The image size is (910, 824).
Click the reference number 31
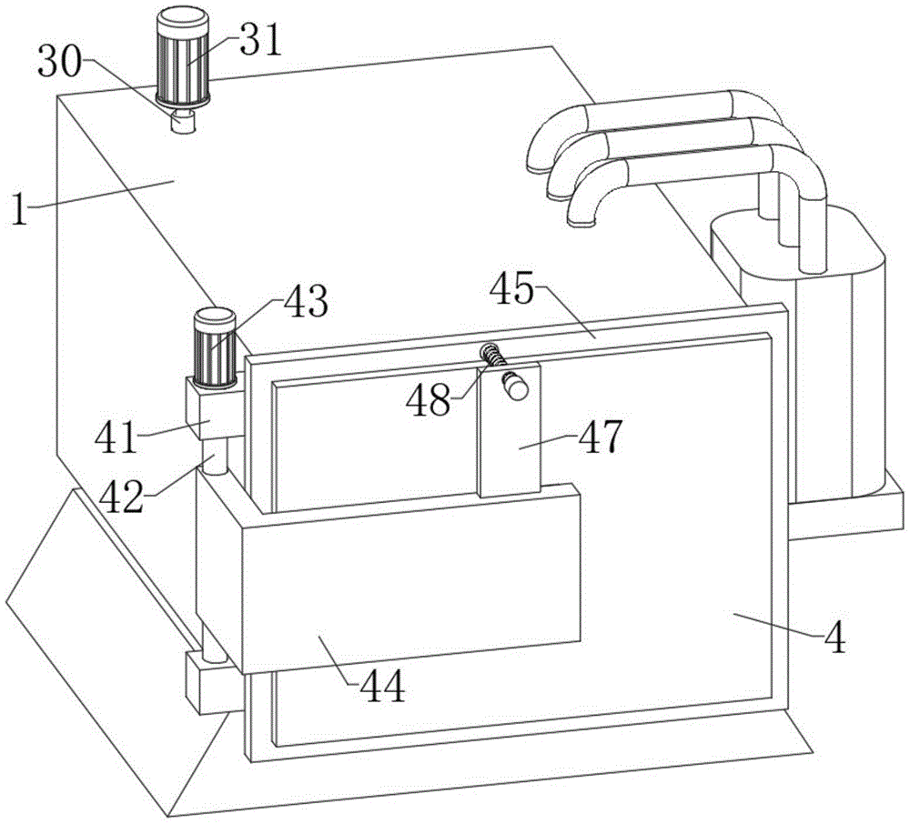(262, 40)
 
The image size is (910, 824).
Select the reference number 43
(305, 303)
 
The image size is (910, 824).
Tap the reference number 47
(600, 437)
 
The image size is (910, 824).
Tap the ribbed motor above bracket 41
(216, 347)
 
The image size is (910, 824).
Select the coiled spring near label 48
(493, 357)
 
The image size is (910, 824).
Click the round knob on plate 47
(516, 387)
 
